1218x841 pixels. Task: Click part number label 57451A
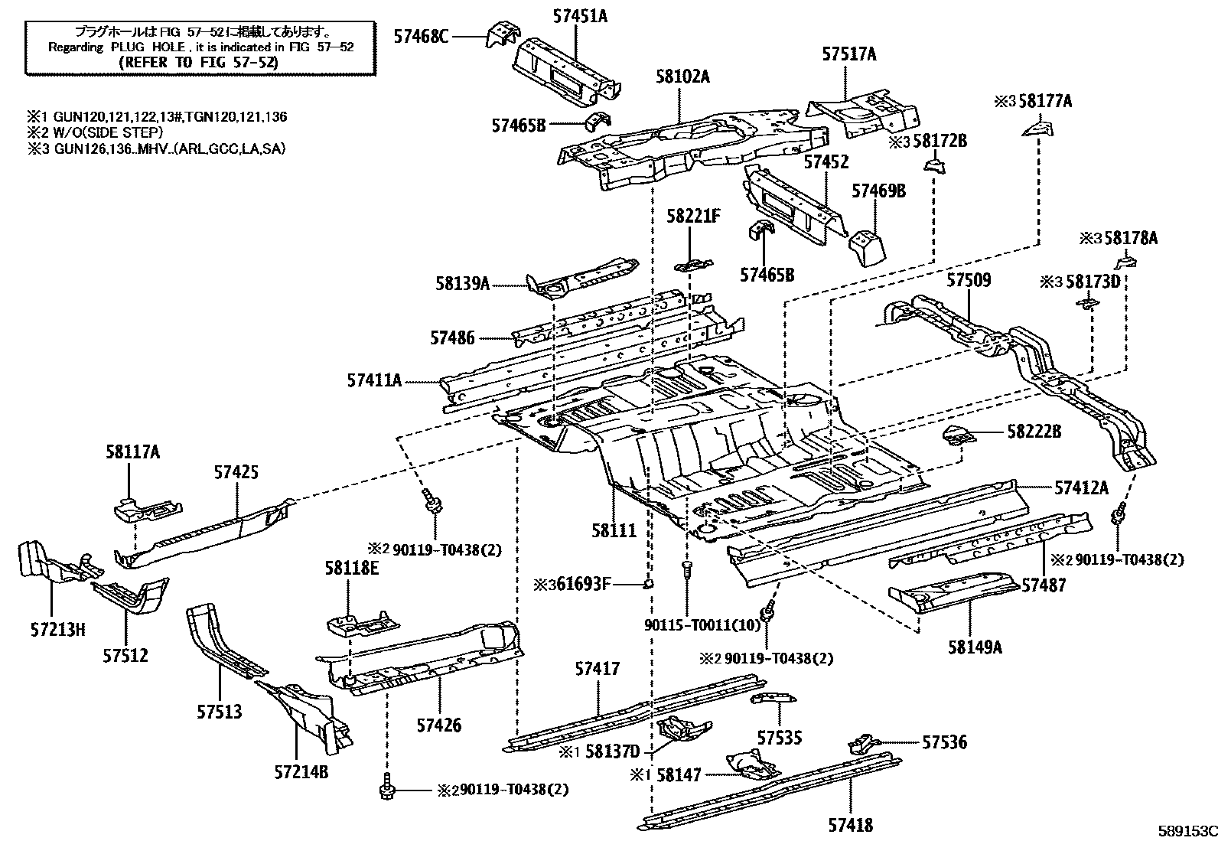[580, 16]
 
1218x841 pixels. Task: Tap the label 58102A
[682, 77]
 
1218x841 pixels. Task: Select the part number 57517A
[848, 54]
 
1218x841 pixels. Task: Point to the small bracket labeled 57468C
[501, 34]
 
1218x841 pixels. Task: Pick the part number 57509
[969, 279]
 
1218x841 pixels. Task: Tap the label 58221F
[693, 216]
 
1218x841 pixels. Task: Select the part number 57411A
[374, 380]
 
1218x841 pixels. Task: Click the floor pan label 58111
[614, 530]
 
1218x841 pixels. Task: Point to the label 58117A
[132, 451]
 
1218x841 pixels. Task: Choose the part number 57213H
[57, 629]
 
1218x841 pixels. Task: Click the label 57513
[219, 711]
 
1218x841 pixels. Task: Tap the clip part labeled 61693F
[648, 584]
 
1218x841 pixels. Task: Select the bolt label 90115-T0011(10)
[702, 625]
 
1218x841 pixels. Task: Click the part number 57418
[851, 825]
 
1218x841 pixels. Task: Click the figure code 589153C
[1187, 830]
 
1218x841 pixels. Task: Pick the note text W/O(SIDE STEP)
[109, 132]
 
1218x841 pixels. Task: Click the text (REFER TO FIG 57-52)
[198, 62]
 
